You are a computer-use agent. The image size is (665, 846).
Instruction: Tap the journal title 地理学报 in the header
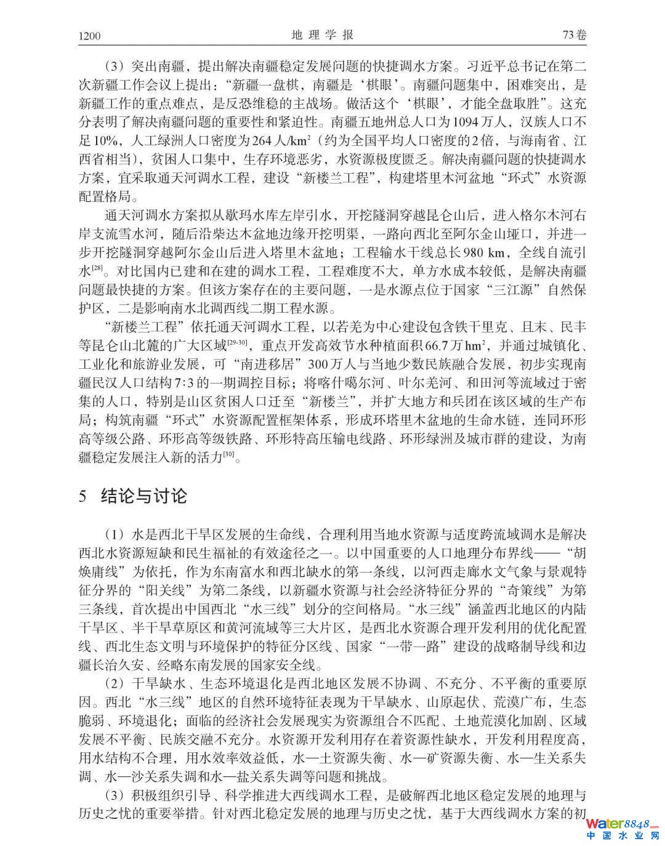click(322, 35)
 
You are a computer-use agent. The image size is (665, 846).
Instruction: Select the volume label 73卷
click(574, 35)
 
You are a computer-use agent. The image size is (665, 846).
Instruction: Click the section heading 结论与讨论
click(143, 496)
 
